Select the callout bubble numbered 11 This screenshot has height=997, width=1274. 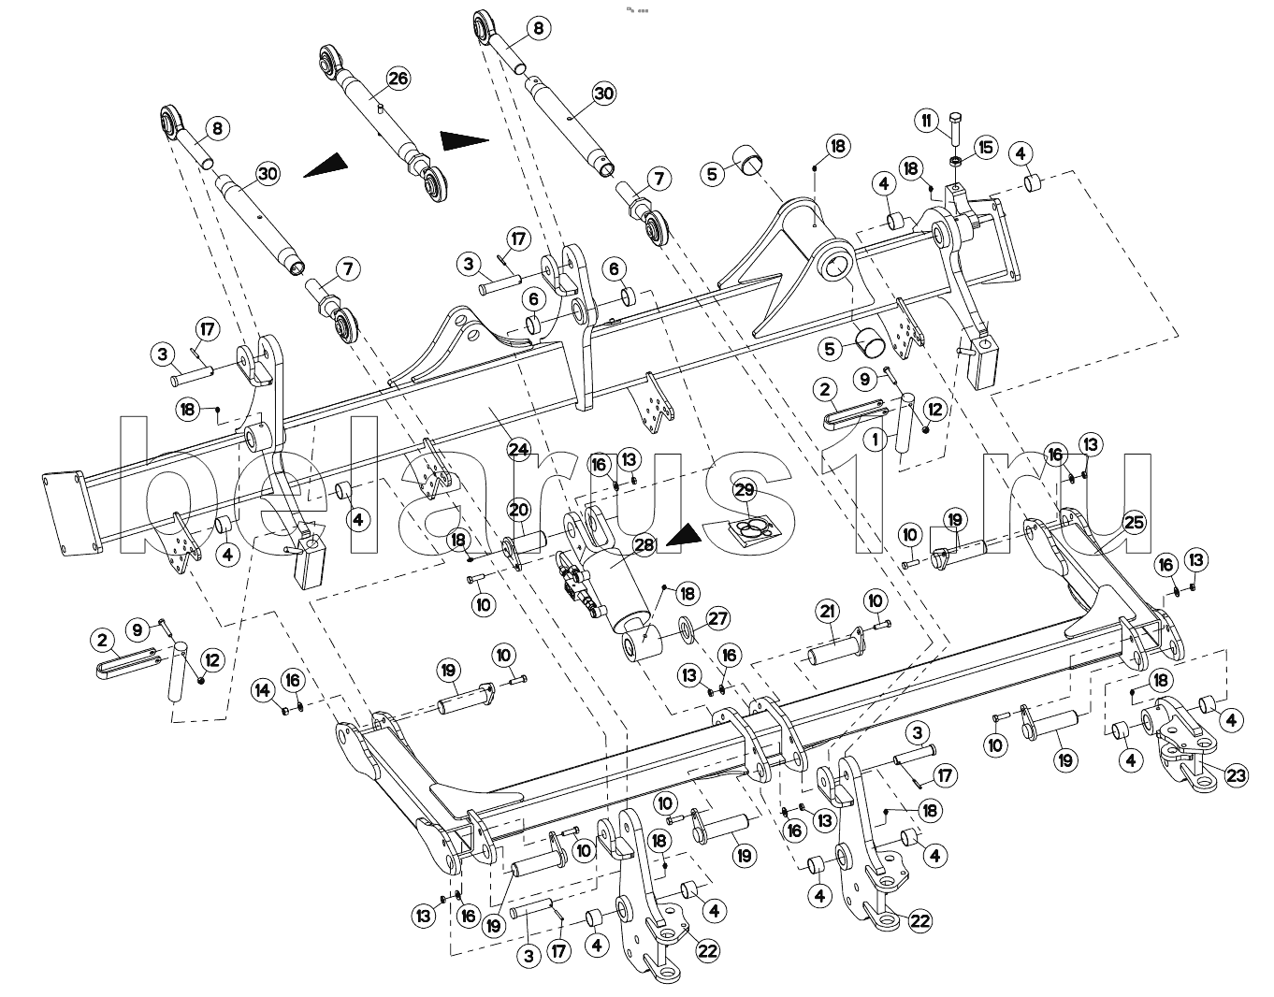pos(926,120)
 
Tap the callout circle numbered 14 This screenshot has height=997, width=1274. pos(262,691)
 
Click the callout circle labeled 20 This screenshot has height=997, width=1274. pos(518,510)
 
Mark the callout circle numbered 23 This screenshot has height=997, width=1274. pos(1237,775)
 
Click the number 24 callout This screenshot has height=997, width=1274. pos(518,449)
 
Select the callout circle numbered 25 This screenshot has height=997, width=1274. pos(1134,523)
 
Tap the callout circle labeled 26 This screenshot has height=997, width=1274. pos(398,78)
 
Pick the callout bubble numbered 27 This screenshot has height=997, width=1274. pos(718,618)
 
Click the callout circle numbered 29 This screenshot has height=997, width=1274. pos(744,490)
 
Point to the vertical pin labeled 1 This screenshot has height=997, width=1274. pos(905,426)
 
